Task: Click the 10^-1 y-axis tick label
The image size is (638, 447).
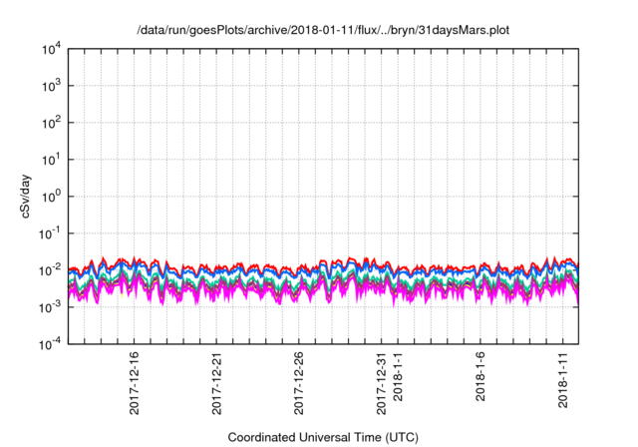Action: coord(49,232)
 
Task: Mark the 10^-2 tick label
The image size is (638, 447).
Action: coord(49,269)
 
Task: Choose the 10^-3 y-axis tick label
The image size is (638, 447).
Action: coord(49,306)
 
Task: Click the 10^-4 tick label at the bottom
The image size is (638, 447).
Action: coord(49,343)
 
